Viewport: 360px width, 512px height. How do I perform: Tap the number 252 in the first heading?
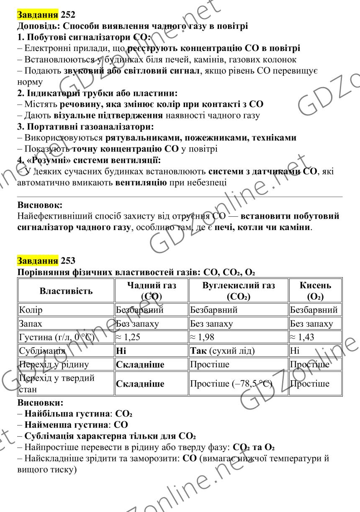(68, 15)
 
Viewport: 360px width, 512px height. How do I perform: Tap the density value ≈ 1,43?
(303, 337)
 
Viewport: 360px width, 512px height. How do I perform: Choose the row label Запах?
(31, 324)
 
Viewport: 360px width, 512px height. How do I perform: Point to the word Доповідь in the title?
(38, 26)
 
